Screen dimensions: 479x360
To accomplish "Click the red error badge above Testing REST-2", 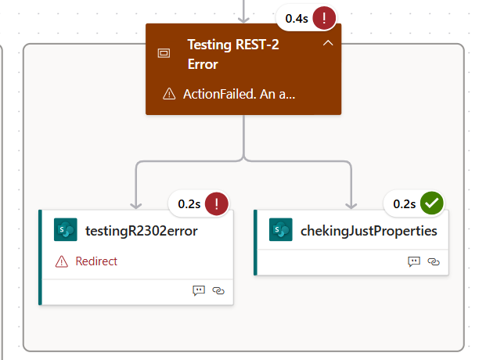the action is point(324,18).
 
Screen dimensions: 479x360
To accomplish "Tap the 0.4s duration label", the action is point(297,19).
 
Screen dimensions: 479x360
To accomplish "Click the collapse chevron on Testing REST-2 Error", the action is point(328,43).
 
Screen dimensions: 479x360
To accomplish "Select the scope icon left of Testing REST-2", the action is point(164,53).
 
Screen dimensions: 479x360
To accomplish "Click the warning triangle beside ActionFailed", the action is point(169,94).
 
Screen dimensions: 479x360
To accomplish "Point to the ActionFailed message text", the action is point(239,94).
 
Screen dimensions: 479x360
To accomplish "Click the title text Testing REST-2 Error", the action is point(233,54).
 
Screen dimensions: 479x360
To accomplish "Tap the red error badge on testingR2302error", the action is point(217,203).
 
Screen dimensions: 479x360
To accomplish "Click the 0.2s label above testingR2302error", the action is point(189,204).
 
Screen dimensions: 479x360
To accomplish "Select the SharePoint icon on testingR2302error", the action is point(66,229).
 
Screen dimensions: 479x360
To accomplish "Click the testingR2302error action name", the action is point(142,231).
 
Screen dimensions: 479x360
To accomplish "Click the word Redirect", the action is point(96,261).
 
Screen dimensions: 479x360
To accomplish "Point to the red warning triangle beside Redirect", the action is point(62,261).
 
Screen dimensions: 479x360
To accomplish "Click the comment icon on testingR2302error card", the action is point(199,290).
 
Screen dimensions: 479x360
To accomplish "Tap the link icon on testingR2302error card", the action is point(218,290).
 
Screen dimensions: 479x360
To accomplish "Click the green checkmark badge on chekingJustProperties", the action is point(432,203).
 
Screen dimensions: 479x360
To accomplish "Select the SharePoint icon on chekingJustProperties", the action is point(281,229).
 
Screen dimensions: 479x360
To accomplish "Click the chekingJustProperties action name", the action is point(369,231).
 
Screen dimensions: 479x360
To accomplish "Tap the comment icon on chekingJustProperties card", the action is point(414,261).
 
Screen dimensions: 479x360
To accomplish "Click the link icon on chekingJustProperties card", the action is point(434,261).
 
